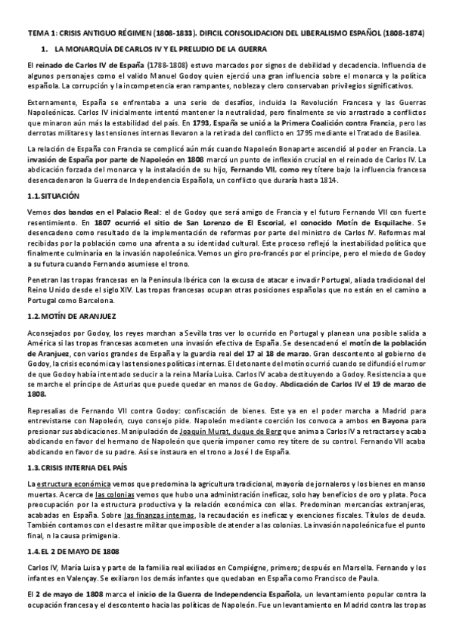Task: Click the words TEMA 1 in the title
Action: pos(39,35)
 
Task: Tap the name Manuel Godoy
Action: pos(211,78)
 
